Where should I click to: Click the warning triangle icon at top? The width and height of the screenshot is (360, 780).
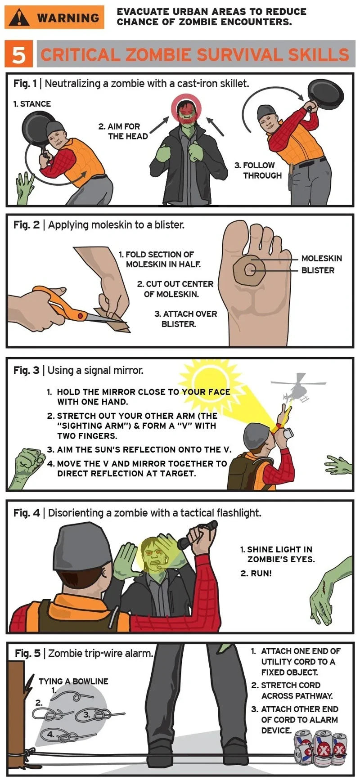point(19,18)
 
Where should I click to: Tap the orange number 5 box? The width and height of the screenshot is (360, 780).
point(18,54)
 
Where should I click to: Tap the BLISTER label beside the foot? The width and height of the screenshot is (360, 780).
point(318,270)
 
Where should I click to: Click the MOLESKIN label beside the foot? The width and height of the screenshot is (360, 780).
point(321,258)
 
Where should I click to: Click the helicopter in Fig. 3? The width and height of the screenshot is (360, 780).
point(297,388)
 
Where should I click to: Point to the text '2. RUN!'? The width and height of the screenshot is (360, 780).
point(256,573)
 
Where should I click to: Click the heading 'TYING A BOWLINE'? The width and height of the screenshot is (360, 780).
point(73,681)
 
